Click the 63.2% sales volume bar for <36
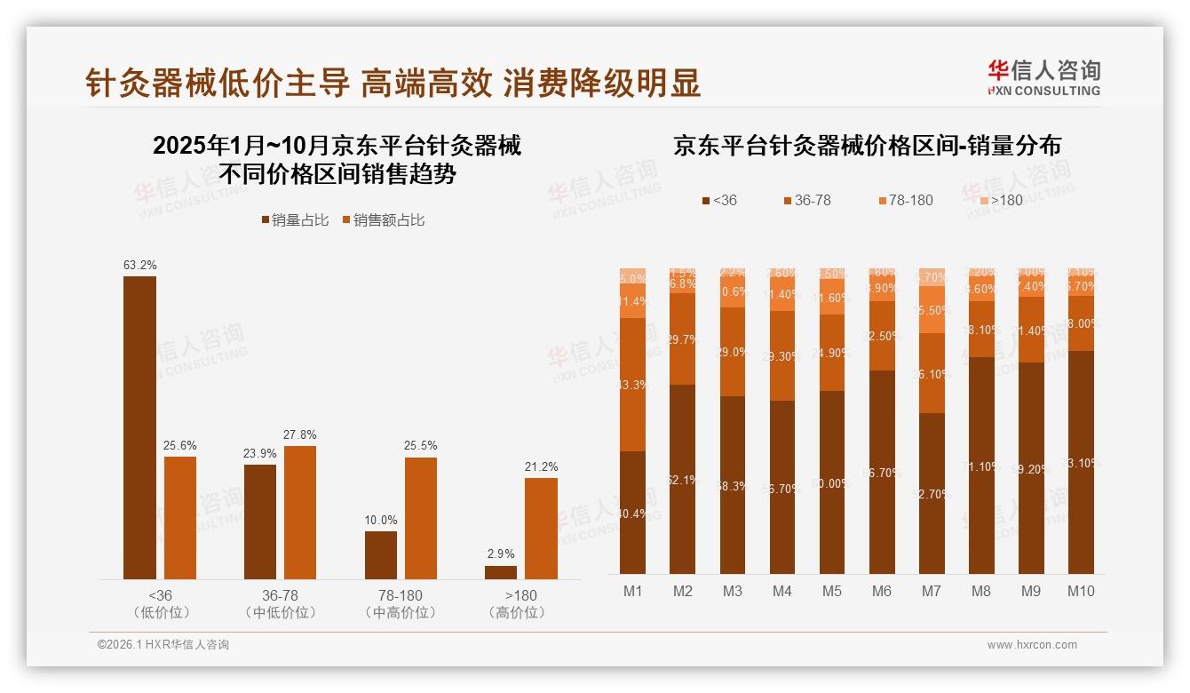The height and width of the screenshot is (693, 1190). click(x=139, y=427)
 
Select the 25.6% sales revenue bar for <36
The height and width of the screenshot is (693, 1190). click(x=180, y=518)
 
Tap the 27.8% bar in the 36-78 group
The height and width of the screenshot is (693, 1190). click(x=300, y=513)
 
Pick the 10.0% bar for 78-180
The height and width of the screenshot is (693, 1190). click(x=381, y=555)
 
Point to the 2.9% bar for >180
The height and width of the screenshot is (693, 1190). click(x=501, y=572)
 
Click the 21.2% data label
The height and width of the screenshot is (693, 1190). click(x=541, y=466)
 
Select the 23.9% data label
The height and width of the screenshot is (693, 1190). click(x=260, y=453)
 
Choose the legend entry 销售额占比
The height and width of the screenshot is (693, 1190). click(x=384, y=219)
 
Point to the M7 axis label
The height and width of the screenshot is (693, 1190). click(x=932, y=591)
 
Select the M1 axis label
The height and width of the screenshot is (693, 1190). click(x=633, y=591)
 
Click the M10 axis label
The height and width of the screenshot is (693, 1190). click(x=1081, y=591)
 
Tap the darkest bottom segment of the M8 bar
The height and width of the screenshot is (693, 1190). click(x=981, y=466)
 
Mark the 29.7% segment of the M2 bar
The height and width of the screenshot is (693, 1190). click(x=683, y=339)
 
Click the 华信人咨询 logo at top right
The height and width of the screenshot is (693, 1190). click(x=1043, y=77)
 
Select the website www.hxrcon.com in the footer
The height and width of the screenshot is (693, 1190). click(x=1032, y=645)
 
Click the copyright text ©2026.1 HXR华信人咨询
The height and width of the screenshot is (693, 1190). click(x=163, y=645)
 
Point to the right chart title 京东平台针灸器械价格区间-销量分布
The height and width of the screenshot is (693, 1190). click(x=867, y=146)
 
